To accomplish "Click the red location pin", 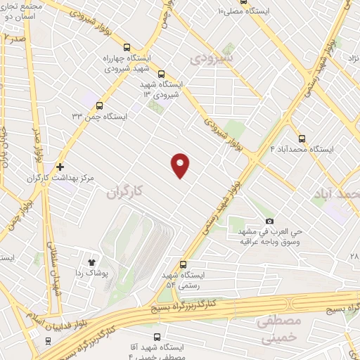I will pyautogui.click(x=181, y=165).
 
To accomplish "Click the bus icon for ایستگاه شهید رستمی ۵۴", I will pyautogui.click(x=184, y=264).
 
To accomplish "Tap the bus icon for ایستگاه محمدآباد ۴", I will pyautogui.click(x=302, y=139).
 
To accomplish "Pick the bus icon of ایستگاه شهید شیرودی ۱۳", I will pyautogui.click(x=162, y=73).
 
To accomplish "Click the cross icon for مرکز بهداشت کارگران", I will pyautogui.click(x=60, y=167).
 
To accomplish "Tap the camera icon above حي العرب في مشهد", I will pyautogui.click(x=269, y=221).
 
